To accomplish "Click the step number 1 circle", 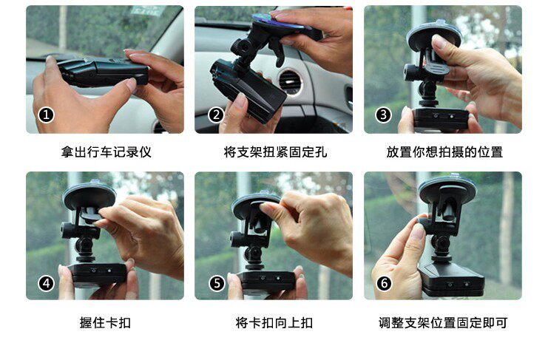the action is [x=46, y=115].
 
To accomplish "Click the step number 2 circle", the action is [x=216, y=115].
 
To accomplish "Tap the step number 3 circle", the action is [x=383, y=115].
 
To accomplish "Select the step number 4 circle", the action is [x=46, y=283].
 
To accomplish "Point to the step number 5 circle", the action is [x=217, y=283].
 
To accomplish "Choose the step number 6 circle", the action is [x=384, y=283].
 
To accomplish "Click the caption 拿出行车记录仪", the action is [x=106, y=152].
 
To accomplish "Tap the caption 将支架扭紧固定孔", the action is [x=275, y=152].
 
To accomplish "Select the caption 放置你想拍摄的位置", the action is [x=444, y=152].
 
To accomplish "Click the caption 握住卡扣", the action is [x=105, y=322].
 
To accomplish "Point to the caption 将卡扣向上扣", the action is [x=274, y=322].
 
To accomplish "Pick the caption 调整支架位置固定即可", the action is [x=443, y=322].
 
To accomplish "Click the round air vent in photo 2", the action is [x=290, y=82].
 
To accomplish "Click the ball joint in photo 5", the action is [x=254, y=254].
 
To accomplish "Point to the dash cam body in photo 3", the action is [x=441, y=119].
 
